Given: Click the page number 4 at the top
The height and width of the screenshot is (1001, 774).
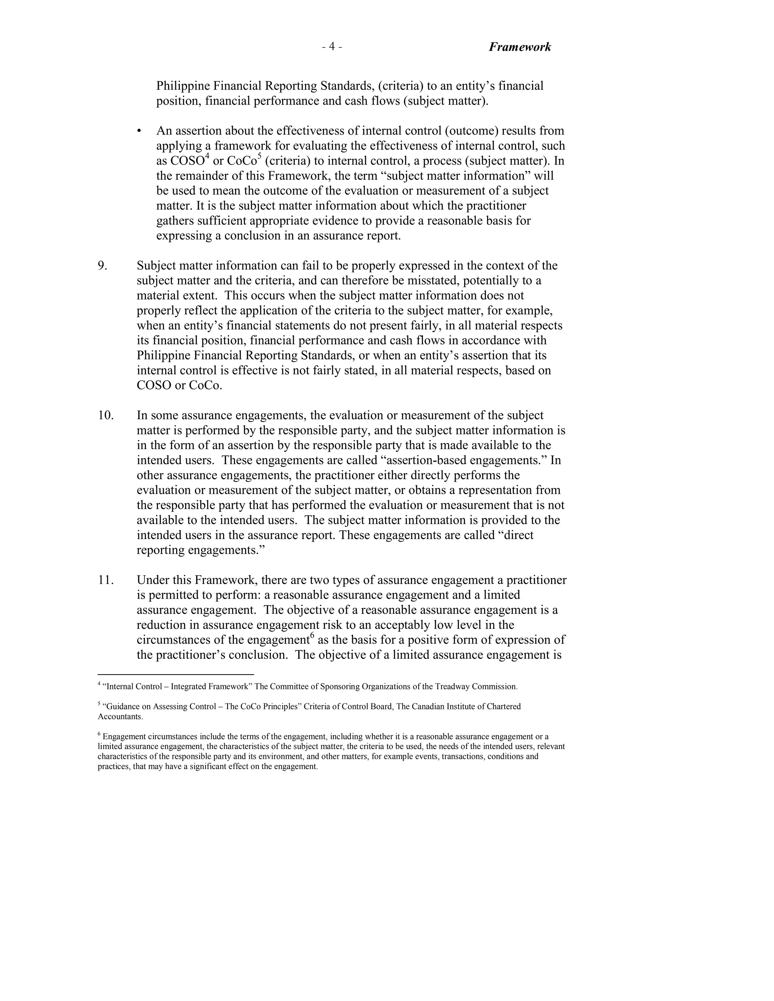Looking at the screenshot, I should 331,47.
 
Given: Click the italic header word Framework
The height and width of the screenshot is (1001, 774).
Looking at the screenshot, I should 520,47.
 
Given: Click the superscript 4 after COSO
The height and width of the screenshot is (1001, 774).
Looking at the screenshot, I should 207,157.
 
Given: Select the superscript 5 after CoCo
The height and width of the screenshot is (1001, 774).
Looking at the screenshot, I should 260,157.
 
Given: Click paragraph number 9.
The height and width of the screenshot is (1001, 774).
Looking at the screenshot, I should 102,266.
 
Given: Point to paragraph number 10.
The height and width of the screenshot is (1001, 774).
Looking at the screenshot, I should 105,415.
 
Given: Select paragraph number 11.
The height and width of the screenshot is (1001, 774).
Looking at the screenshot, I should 105,580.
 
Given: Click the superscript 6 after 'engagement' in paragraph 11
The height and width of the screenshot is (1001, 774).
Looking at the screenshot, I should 312,635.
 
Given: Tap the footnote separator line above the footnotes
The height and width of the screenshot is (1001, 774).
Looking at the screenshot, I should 176,674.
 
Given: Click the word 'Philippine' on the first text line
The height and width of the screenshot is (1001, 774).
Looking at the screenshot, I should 183,86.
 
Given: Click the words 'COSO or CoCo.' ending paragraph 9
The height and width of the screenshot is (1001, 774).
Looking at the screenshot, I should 179,385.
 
